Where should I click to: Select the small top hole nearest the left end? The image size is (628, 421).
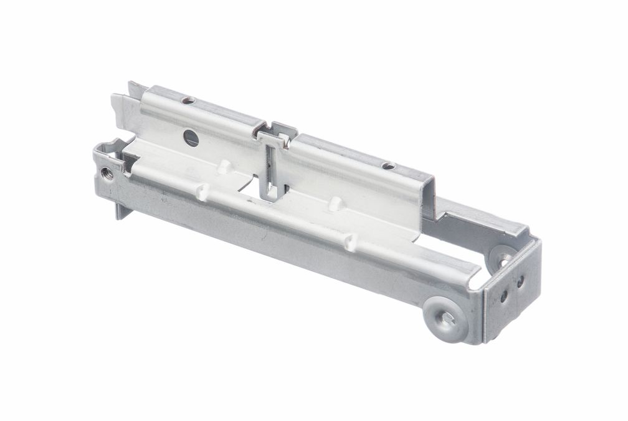point(188,100)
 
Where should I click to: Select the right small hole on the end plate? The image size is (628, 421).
point(518,283)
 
